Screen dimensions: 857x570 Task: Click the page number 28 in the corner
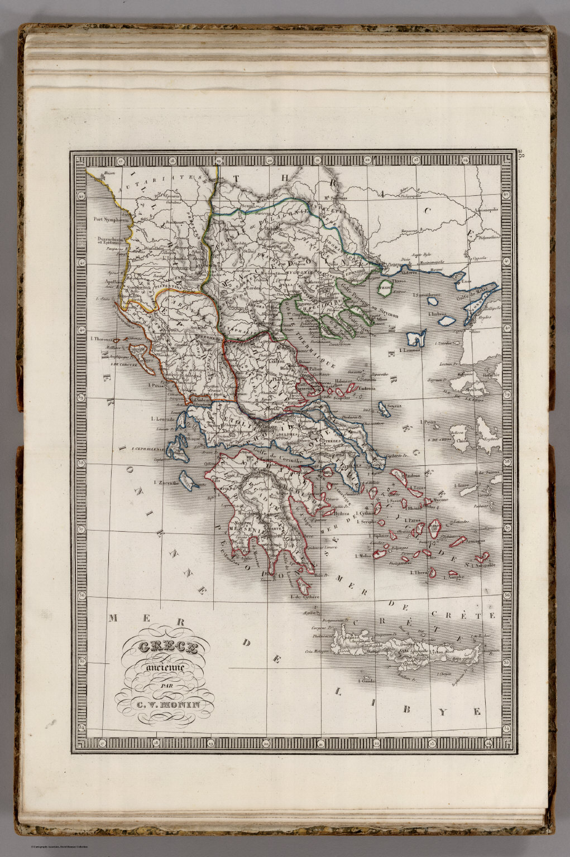(521, 156)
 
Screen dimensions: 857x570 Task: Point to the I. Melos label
(363, 556)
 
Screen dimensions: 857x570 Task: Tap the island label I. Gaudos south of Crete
(364, 681)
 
